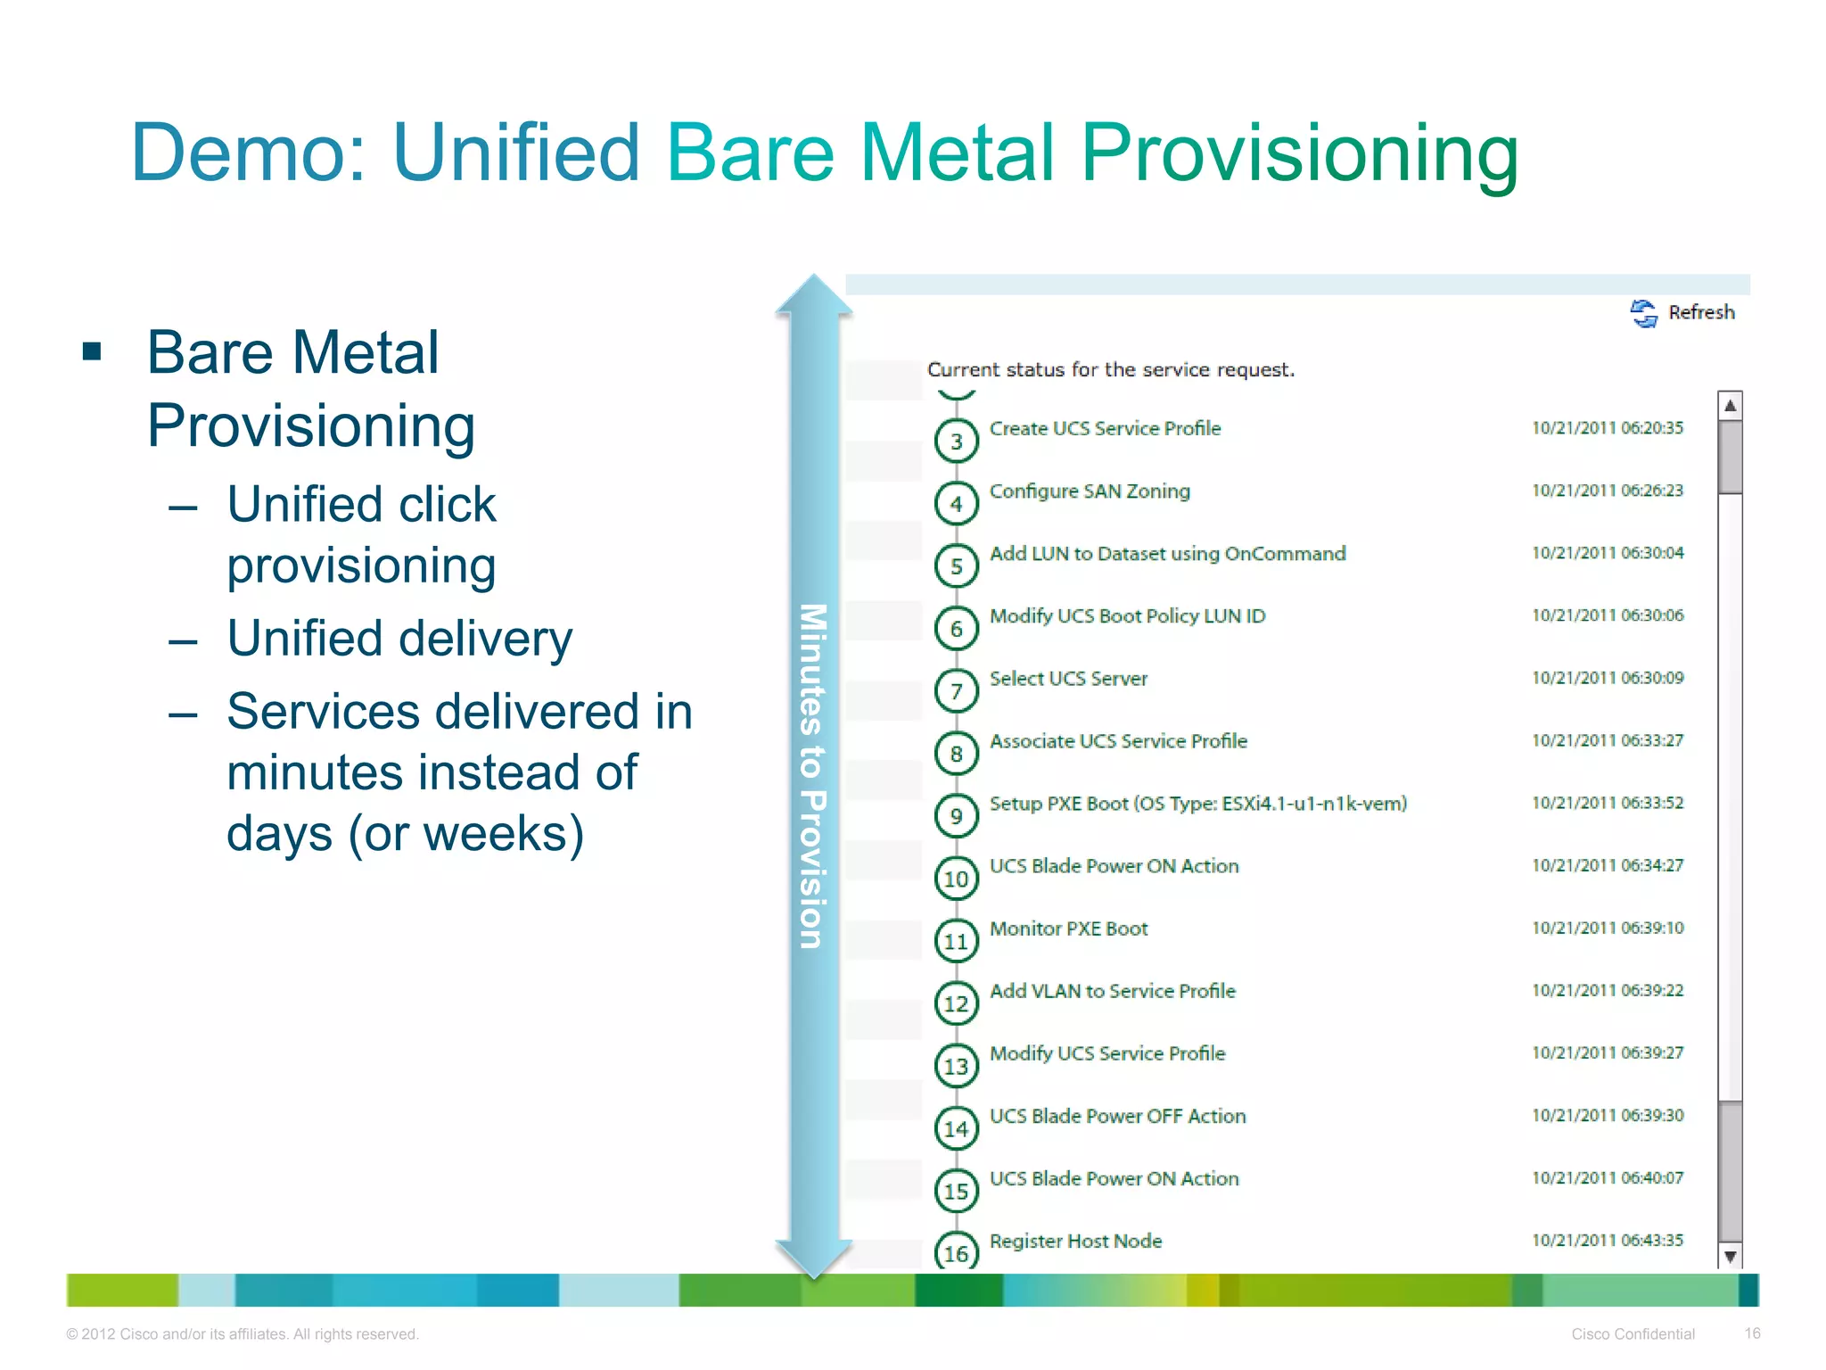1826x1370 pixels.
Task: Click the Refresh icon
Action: pos(1643,313)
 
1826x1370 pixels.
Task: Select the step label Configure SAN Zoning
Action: pos(1090,491)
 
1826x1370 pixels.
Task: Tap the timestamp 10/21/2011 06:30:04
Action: pos(1608,553)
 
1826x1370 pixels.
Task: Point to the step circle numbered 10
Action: pos(956,879)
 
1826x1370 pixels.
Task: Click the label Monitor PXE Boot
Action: pos(1068,928)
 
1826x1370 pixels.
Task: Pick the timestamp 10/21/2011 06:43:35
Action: pos(1608,1240)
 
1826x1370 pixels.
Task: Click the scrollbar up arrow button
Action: pos(1730,406)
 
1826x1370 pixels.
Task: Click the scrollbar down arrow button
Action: pos(1730,1257)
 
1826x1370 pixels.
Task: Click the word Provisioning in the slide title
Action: pos(1299,154)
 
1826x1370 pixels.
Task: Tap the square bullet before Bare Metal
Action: pos(92,351)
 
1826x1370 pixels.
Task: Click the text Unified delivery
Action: pos(399,639)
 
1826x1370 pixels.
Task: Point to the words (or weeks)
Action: pos(466,833)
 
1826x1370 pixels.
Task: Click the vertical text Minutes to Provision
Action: pos(812,776)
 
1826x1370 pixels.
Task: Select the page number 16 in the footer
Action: pos(1752,1333)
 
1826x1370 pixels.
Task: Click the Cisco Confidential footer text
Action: pos(1633,1334)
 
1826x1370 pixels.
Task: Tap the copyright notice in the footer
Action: pos(243,1334)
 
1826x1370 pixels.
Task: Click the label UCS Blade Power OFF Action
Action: pos(1117,1116)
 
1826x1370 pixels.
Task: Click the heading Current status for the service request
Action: pos(1111,369)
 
